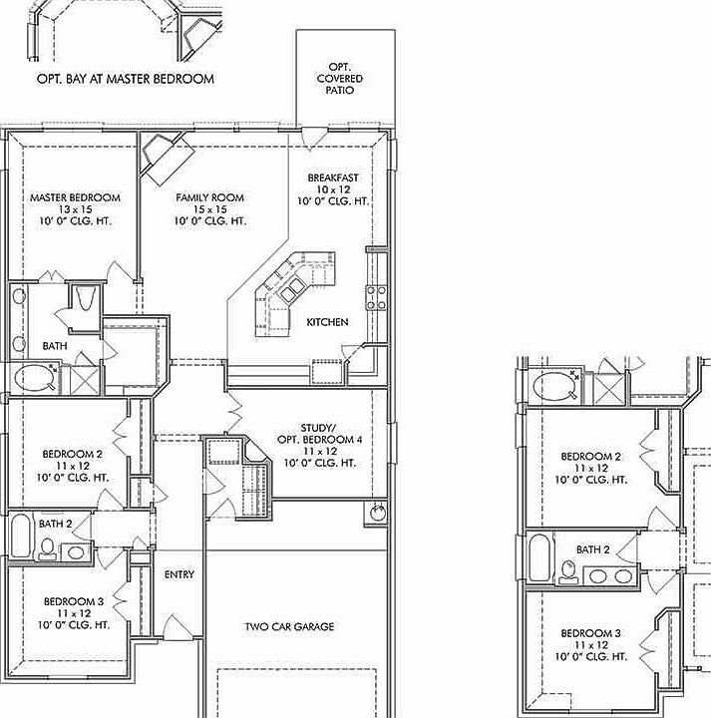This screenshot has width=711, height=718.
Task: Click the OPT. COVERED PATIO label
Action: pyautogui.click(x=340, y=79)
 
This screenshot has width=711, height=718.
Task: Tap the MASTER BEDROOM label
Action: pyautogui.click(x=75, y=197)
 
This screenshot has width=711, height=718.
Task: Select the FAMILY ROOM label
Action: pyautogui.click(x=210, y=197)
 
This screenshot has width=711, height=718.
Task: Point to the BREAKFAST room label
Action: pyautogui.click(x=333, y=178)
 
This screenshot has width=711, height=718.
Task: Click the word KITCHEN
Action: pyautogui.click(x=327, y=322)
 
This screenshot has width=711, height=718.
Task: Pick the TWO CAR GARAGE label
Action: pyautogui.click(x=289, y=627)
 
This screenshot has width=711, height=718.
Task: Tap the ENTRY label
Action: pyautogui.click(x=179, y=574)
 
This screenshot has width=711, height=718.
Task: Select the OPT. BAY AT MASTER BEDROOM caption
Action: pyautogui.click(x=126, y=79)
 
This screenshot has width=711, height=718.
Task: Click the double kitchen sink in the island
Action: pyautogui.click(x=291, y=290)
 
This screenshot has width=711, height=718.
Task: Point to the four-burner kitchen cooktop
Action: pyautogui.click(x=376, y=297)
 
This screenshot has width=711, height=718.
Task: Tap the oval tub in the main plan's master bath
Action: pyautogui.click(x=34, y=378)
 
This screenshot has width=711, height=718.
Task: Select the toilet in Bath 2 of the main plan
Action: pyautogui.click(x=47, y=548)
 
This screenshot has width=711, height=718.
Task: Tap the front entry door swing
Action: pyautogui.click(x=178, y=627)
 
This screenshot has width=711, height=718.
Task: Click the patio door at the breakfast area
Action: pyautogui.click(x=314, y=139)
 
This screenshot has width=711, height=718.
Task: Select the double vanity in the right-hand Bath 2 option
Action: pyautogui.click(x=610, y=575)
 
